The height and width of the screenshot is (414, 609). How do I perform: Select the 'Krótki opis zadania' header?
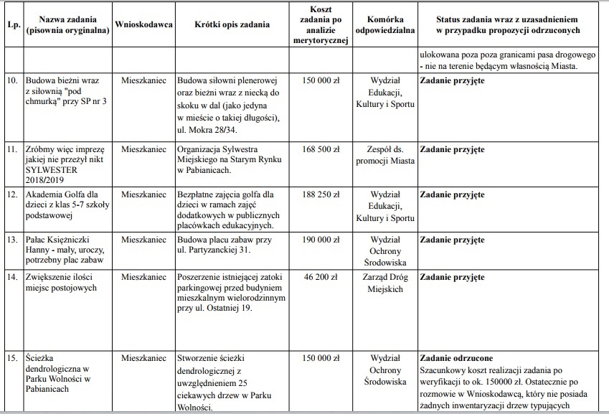tap(232, 24)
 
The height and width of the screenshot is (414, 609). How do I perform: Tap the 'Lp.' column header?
tap(11, 24)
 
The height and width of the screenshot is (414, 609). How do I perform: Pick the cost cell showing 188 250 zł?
tap(321, 194)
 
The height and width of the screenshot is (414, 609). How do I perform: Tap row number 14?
tap(11, 276)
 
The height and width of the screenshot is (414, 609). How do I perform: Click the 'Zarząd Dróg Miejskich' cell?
tap(386, 281)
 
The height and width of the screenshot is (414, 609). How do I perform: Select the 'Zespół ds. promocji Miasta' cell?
tap(386, 155)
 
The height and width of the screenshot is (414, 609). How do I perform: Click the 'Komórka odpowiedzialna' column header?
tap(386, 24)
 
